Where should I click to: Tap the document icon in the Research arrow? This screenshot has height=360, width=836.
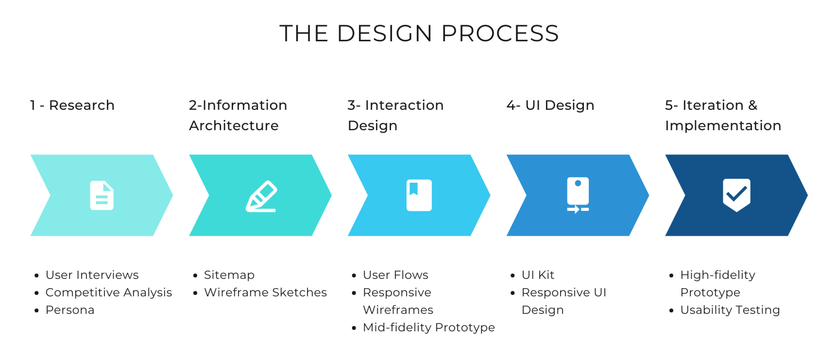[102, 195]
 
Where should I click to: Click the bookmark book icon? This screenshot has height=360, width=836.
[419, 195]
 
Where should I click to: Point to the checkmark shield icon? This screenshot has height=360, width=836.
[736, 195]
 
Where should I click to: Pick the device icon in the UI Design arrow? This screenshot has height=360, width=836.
[578, 195]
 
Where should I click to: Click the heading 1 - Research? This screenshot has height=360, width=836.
[72, 105]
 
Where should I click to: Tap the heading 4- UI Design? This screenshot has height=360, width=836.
[550, 105]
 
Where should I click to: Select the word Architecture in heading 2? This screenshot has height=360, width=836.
[234, 126]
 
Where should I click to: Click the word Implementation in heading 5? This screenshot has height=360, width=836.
[723, 126]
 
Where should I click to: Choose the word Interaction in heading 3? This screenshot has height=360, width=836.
[404, 105]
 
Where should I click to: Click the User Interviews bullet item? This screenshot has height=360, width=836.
[92, 275]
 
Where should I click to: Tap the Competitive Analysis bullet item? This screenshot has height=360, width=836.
[109, 292]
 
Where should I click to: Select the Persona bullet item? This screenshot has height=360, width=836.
[70, 310]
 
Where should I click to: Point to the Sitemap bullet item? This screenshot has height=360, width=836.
[229, 275]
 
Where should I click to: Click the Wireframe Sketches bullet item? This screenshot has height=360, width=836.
[265, 292]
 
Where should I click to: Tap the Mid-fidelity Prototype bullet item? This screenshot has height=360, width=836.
[429, 327]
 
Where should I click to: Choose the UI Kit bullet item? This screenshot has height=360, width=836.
[538, 275]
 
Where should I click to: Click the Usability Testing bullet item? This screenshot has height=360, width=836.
[730, 310]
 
